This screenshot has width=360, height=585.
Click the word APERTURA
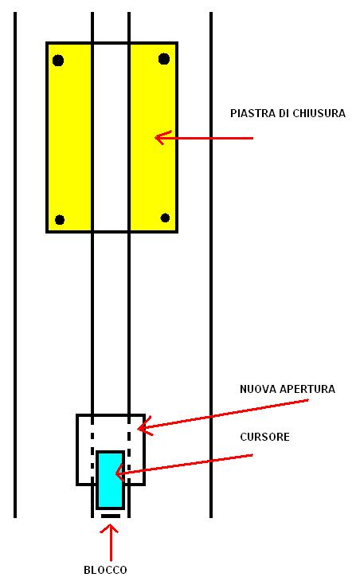307,389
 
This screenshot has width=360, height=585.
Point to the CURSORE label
264,437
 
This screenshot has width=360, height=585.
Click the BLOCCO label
105,570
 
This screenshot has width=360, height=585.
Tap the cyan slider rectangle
111,480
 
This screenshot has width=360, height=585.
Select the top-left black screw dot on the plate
58,60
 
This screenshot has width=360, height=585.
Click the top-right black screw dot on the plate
164,58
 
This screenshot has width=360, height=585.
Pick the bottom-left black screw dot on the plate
60,220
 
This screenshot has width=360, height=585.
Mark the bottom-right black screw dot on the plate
165,218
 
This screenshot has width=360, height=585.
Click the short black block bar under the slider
111,516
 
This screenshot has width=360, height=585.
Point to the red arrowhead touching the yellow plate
162,138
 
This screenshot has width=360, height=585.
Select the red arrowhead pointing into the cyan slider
121,473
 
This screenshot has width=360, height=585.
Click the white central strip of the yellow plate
111,137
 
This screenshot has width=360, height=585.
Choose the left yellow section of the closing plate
69,137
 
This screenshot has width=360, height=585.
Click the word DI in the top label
284,113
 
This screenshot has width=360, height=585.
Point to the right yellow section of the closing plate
152,137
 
